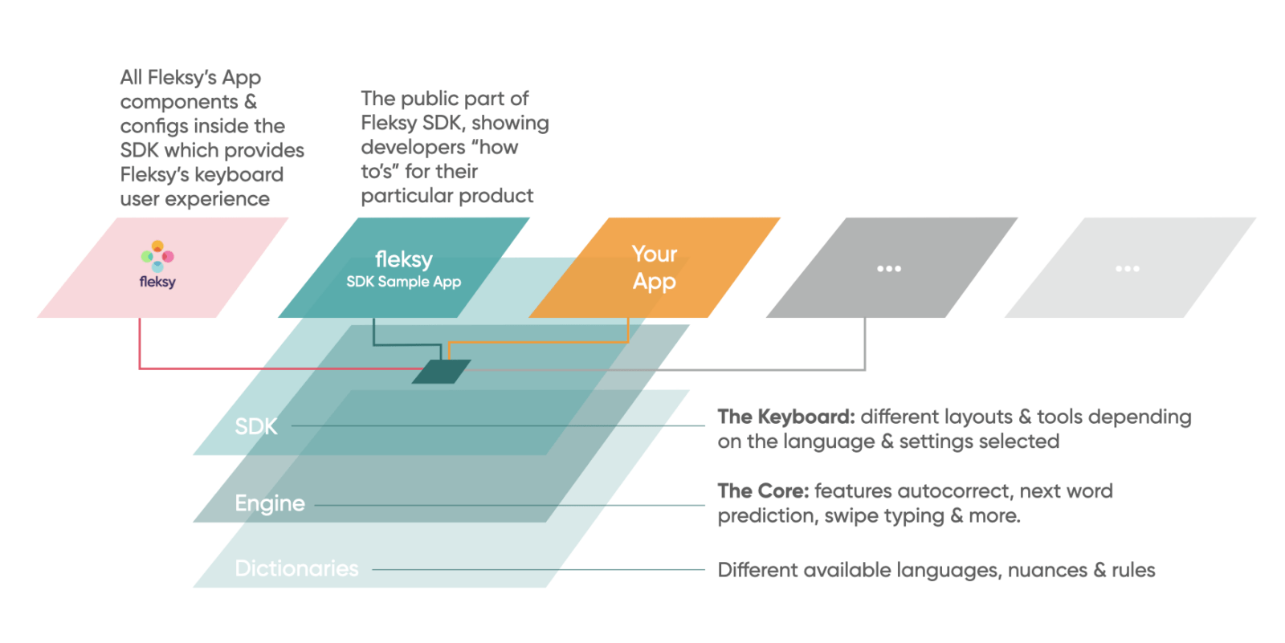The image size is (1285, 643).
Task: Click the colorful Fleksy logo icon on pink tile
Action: click(x=157, y=255)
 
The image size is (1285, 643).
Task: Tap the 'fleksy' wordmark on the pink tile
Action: click(x=157, y=282)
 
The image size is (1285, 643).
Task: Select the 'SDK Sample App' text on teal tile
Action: click(x=403, y=282)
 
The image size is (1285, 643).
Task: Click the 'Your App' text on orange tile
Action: click(x=654, y=267)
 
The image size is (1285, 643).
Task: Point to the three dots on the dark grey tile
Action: click(x=888, y=268)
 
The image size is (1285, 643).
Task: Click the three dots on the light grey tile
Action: click(x=1127, y=268)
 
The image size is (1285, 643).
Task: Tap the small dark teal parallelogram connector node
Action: click(x=441, y=372)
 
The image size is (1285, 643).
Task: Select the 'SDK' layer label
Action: click(x=255, y=426)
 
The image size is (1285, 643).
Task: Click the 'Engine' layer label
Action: click(x=269, y=503)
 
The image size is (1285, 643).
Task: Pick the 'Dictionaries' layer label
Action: click(x=296, y=568)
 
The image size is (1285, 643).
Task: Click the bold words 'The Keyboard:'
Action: click(x=785, y=417)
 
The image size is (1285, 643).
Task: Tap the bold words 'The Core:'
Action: click(x=762, y=490)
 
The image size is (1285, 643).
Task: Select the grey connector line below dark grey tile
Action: click(x=864, y=345)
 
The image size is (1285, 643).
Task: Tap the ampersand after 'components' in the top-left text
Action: click(x=251, y=102)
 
